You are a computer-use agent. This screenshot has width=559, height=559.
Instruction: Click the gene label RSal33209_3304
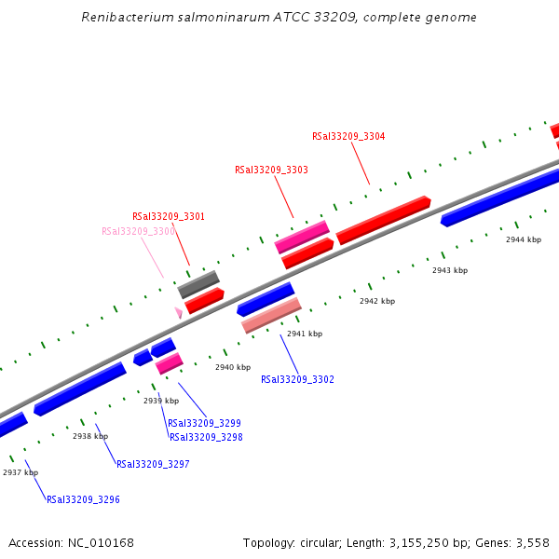coord(348,136)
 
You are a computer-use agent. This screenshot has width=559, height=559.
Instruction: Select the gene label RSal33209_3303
coord(271,170)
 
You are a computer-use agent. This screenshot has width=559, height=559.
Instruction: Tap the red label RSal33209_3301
coord(168,216)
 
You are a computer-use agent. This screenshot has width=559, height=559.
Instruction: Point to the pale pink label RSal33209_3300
coord(138,231)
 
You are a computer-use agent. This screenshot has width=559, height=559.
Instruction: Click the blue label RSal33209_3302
coord(297,379)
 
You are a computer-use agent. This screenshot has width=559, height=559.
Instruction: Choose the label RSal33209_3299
coord(204,423)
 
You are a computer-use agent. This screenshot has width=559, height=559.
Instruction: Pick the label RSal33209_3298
coord(206,437)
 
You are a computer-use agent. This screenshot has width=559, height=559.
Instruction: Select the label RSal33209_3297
coord(153,464)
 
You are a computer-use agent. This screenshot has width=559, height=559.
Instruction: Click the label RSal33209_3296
coord(83,499)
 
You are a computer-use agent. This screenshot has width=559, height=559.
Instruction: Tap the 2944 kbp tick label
coord(524,239)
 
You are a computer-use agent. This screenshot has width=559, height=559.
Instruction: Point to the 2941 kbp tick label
coord(305,334)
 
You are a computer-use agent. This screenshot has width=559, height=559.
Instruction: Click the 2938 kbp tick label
coord(90,436)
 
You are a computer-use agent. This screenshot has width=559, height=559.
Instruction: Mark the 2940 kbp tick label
coord(233,367)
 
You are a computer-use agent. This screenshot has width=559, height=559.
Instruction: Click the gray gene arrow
coord(198,284)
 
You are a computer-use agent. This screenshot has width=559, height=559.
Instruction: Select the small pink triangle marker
coord(178,313)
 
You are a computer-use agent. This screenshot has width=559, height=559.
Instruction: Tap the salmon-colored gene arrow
coord(271,315)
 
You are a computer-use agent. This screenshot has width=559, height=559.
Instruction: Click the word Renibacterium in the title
coord(124,17)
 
